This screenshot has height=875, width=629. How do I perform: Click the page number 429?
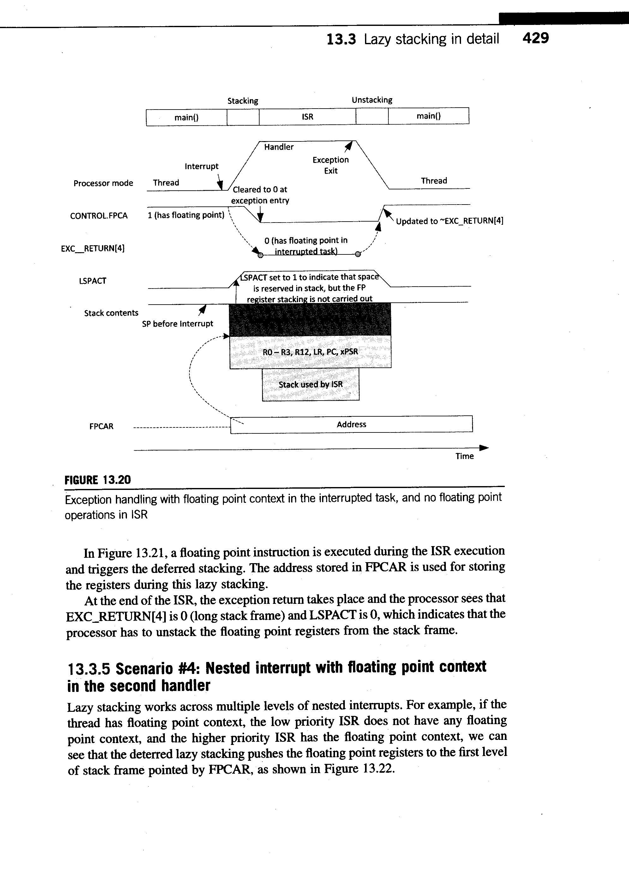pos(535,38)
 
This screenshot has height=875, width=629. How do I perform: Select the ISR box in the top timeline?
pos(308,117)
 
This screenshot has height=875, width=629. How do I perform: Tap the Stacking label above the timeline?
pos(243,101)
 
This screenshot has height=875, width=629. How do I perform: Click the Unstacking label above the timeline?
pos(372,100)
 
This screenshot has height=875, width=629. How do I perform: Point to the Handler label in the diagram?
pos(279,147)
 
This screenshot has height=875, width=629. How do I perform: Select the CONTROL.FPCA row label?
pos(99,216)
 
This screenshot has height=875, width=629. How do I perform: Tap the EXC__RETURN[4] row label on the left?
pos(93,248)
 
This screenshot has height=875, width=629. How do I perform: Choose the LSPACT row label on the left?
pos(92,281)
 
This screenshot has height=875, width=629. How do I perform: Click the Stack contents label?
pos(111,313)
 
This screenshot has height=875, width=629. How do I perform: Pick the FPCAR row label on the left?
pos(101,426)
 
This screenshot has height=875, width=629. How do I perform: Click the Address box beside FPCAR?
pos(351,424)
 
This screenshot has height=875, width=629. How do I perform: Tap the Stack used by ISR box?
pos(311,385)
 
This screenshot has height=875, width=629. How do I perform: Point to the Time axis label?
pos(464,456)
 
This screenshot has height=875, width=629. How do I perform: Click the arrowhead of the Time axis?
pos(484,448)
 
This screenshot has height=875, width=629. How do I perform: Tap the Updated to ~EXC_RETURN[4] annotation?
pos(450,221)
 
